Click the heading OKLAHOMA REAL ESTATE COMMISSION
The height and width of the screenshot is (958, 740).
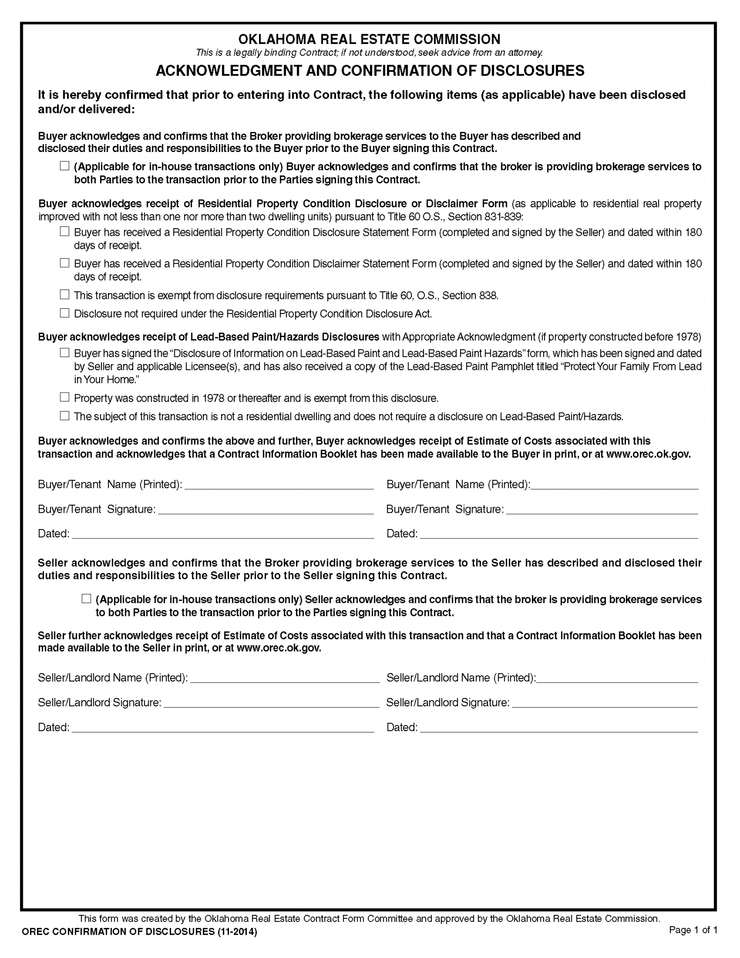pyautogui.click(x=369, y=39)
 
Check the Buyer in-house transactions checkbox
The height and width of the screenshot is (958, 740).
pyautogui.click(x=65, y=166)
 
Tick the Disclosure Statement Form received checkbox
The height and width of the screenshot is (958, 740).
pyautogui.click(x=65, y=232)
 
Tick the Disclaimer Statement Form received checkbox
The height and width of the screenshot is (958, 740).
pyautogui.click(x=65, y=263)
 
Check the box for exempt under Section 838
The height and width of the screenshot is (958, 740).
pyautogui.click(x=65, y=295)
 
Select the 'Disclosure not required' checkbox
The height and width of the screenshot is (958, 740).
pyautogui.click(x=65, y=313)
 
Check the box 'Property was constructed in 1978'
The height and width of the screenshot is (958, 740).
pyautogui.click(x=65, y=398)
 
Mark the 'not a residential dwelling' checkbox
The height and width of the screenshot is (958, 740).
pyautogui.click(x=65, y=416)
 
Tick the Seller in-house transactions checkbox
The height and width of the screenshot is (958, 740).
pyautogui.click(x=86, y=599)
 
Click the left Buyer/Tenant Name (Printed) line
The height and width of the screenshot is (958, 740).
pyautogui.click(x=279, y=485)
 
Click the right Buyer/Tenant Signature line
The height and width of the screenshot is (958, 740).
pyautogui.click(x=602, y=510)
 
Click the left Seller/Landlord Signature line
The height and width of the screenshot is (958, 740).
pyautogui.click(x=271, y=703)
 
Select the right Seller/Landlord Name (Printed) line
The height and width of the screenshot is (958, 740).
pyautogui.click(x=617, y=678)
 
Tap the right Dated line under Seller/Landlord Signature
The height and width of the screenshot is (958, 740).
pyautogui.click(x=559, y=728)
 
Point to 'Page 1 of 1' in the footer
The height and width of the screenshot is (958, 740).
pyautogui.click(x=693, y=930)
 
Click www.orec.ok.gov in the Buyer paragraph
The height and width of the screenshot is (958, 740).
pyautogui.click(x=648, y=454)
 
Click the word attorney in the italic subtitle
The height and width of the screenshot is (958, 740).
pyautogui.click(x=525, y=53)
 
